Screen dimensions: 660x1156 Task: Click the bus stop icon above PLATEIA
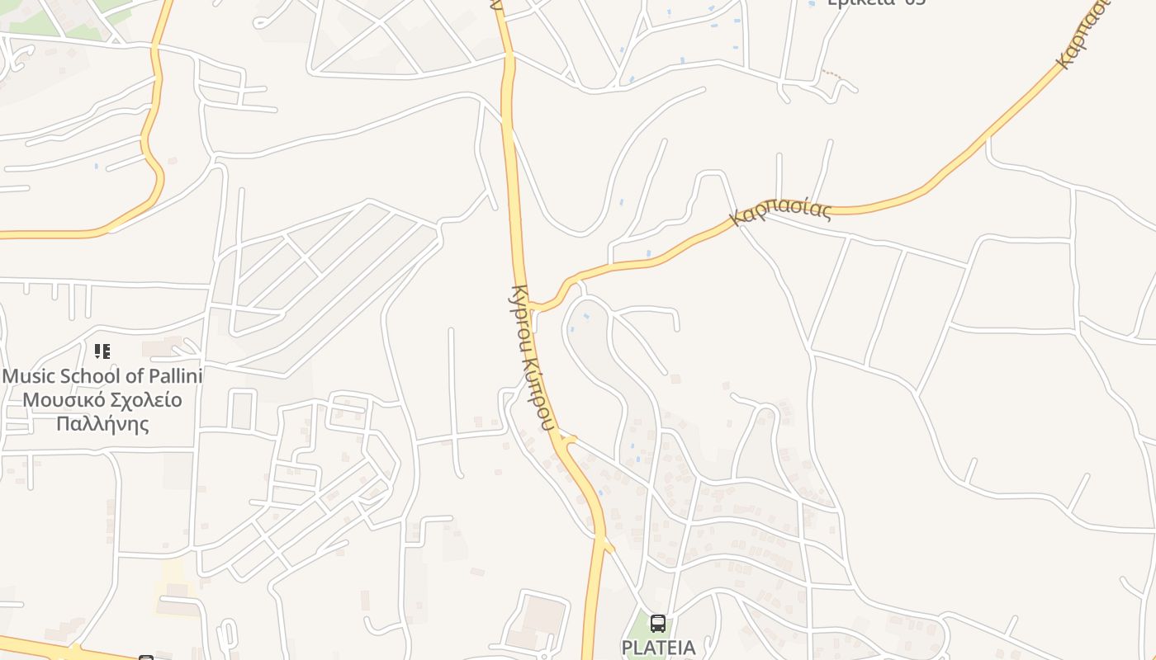pyautogui.click(x=657, y=623)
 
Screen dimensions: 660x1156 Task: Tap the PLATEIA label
pyautogui.click(x=658, y=648)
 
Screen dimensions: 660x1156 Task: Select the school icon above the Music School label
pyautogui.click(x=102, y=351)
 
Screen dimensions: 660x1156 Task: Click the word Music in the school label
pyautogui.click(x=30, y=376)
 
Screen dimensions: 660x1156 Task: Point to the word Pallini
pyautogui.click(x=174, y=376)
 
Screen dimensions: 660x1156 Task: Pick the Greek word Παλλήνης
pyautogui.click(x=102, y=424)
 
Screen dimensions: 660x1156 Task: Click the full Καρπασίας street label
pyautogui.click(x=781, y=211)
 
